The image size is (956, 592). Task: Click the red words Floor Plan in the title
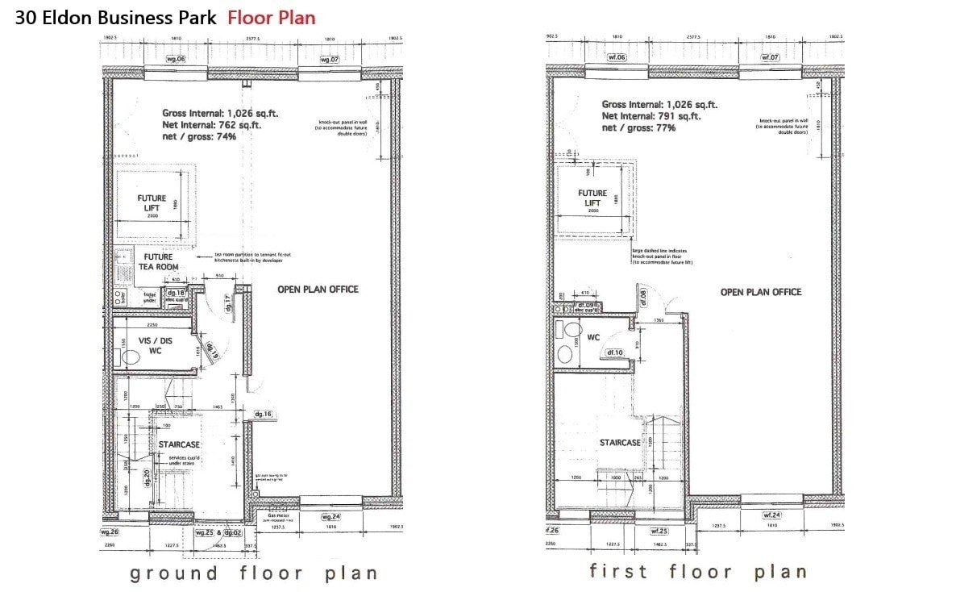coord(272,17)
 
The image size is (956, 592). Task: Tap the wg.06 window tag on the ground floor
coord(176,59)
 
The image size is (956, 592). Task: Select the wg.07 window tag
coord(330,59)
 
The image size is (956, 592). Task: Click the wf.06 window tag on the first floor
coord(617,57)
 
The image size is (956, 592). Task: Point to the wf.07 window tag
coord(771,57)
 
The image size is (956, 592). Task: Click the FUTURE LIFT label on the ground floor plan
coord(152,203)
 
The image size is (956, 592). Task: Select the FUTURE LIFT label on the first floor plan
coord(592,198)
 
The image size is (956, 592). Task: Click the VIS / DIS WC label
coord(151,345)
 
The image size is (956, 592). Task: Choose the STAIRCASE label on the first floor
coord(620,443)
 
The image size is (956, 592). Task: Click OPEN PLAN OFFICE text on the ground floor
coord(318,290)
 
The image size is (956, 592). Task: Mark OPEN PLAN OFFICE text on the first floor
coord(761,292)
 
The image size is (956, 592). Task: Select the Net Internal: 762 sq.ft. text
coord(212,125)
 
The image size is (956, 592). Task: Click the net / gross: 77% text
coord(638,127)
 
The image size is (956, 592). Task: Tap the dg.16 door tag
coord(264,414)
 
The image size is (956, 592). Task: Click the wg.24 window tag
coord(331,516)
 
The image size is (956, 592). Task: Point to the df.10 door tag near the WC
coord(616,352)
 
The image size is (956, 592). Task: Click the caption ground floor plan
coord(253,573)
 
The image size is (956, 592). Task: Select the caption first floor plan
coord(697,572)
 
